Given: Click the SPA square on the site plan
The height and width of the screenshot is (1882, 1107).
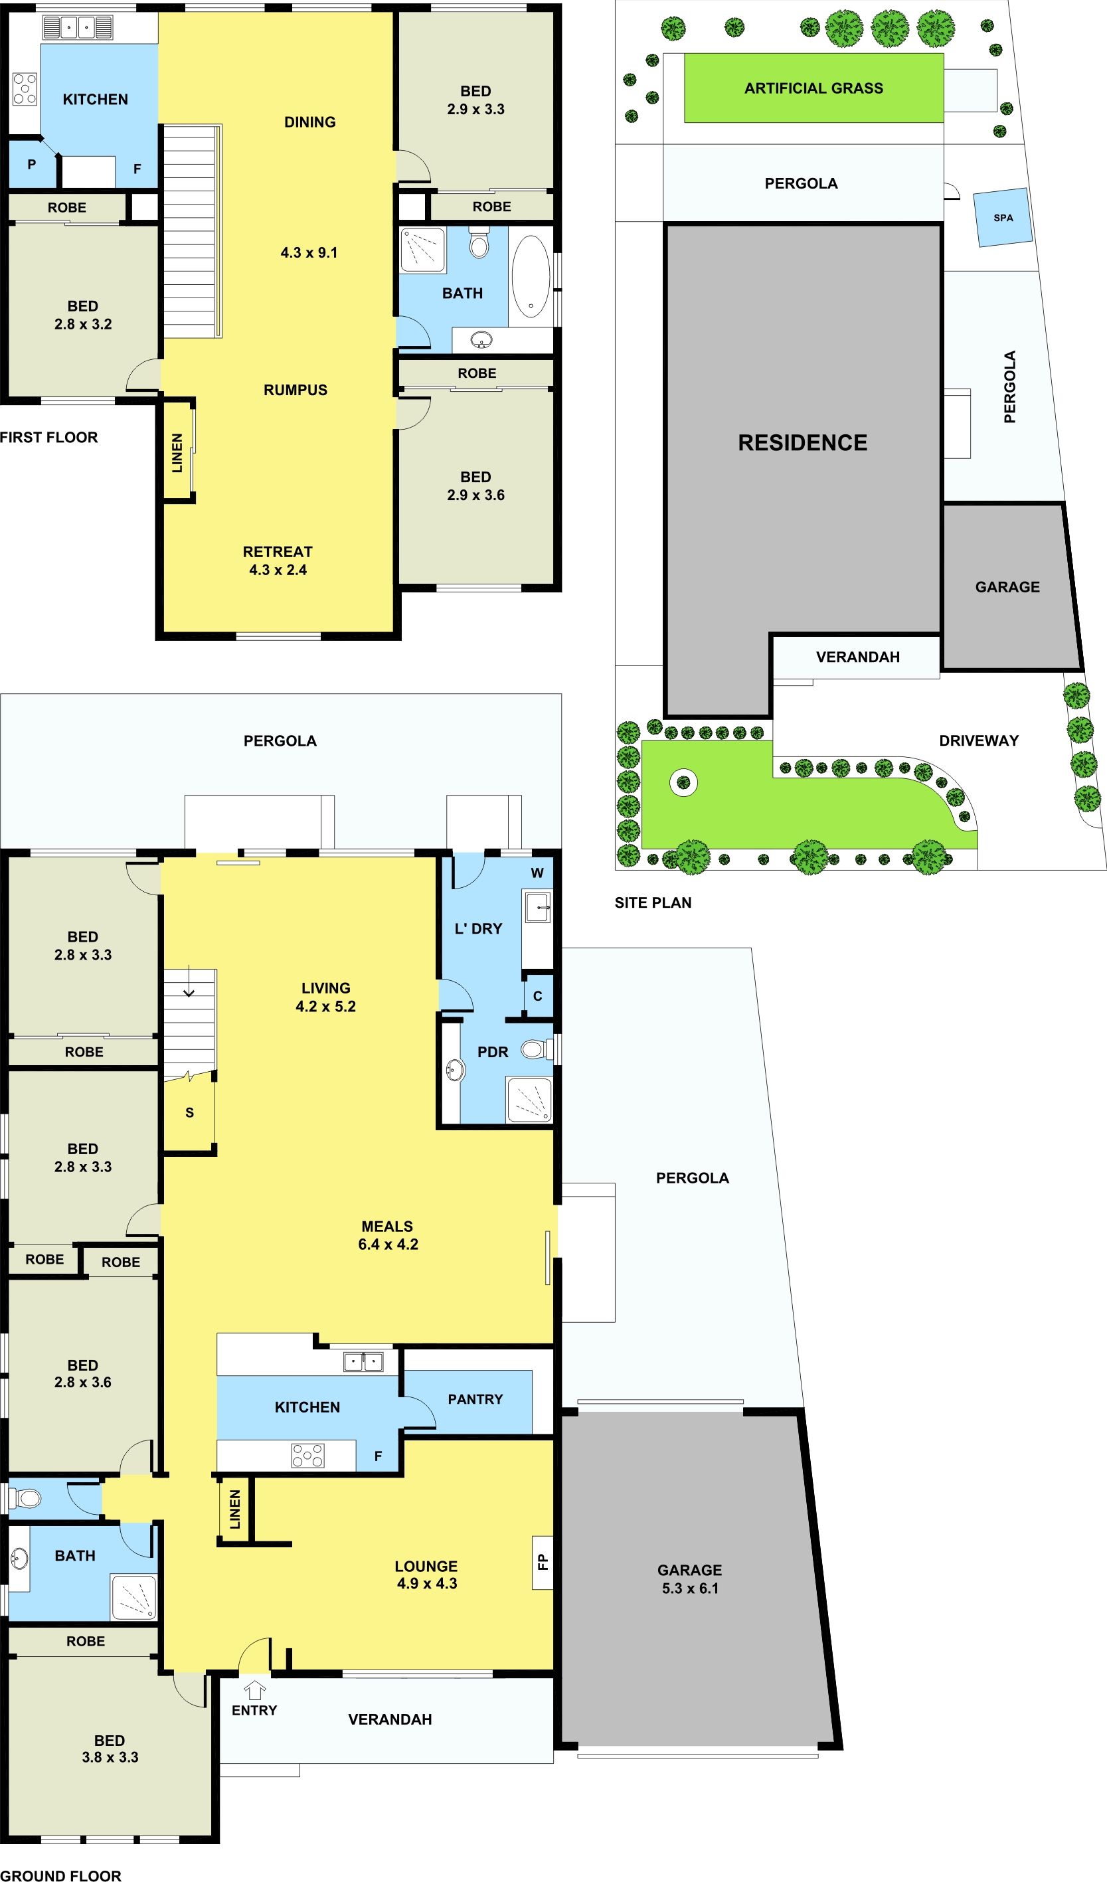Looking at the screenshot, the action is coord(1003,217).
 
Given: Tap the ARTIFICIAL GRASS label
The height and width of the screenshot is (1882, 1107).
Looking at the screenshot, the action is coord(813,88).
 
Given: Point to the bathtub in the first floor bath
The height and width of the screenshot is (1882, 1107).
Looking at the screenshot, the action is coord(531,276).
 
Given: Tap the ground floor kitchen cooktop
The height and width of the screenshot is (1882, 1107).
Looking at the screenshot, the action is coord(307,1456).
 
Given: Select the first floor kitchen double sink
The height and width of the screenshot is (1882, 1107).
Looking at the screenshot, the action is coord(78,28).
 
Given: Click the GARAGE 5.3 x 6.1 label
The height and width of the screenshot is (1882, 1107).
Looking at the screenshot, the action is coord(689,1579).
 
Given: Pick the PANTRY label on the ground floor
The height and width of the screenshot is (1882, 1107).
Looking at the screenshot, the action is coord(475,1399).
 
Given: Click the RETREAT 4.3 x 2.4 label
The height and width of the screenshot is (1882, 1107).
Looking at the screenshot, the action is coord(278,560).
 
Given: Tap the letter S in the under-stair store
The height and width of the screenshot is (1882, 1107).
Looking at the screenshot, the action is coord(190,1113).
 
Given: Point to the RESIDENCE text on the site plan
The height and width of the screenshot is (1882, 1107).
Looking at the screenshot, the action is coord(802,443).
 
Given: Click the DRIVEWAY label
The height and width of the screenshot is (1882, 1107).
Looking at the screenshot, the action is coord(979,740).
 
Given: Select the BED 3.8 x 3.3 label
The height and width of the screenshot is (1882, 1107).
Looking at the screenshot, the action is coord(110,1749).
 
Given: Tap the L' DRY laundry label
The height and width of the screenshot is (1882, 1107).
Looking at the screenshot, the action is coord(478,928).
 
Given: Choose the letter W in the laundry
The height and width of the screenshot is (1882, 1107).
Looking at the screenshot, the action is coord(537,873).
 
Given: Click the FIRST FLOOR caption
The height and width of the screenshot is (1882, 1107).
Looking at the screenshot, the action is coord(48,437).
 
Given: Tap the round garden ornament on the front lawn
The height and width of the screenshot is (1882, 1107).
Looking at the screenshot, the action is coord(683,783).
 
